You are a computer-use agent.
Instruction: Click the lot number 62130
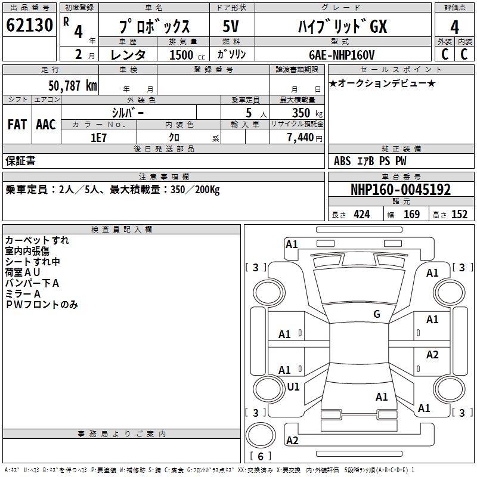pyautogui.click(x=29, y=25)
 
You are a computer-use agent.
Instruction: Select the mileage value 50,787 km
pyautogui.click(x=73, y=86)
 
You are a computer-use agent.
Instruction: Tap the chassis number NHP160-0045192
pyautogui.click(x=401, y=190)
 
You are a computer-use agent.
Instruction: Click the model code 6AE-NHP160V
pyautogui.click(x=342, y=55)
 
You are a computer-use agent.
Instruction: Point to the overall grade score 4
pyautogui.click(x=454, y=27)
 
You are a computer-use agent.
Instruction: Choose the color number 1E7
pyautogui.click(x=98, y=138)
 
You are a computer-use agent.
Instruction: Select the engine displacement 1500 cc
pyautogui.click(x=187, y=55)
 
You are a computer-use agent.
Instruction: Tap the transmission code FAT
pyautogui.click(x=17, y=125)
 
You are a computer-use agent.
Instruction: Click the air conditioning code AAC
pyautogui.click(x=46, y=125)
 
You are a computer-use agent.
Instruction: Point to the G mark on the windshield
pyautogui.click(x=377, y=314)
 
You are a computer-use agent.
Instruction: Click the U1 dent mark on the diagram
pyautogui.click(x=293, y=386)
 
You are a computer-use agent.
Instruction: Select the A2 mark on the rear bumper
pyautogui.click(x=292, y=440)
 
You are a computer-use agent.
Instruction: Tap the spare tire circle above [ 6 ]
pyautogui.click(x=261, y=435)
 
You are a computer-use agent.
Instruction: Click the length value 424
pyautogui.click(x=362, y=215)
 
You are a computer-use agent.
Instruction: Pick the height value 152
pyautogui.click(x=459, y=215)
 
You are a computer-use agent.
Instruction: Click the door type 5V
pyautogui.click(x=231, y=26)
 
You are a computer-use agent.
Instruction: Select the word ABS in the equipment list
pyautogui.click(x=342, y=161)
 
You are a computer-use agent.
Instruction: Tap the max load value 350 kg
pyautogui.click(x=307, y=113)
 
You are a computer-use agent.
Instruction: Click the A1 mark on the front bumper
pyautogui.click(x=292, y=244)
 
